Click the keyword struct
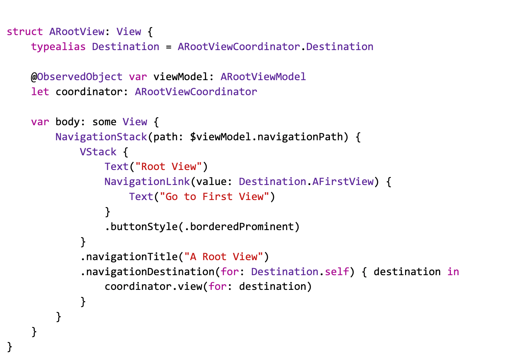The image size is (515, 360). tap(25, 32)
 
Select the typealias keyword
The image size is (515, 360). tap(58, 47)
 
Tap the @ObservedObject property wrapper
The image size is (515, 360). tap(77, 77)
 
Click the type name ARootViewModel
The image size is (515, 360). tap(263, 77)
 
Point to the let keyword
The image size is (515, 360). tap(40, 92)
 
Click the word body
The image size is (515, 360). tap(67, 122)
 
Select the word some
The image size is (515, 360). tap(104, 122)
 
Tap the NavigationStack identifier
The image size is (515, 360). tap(101, 137)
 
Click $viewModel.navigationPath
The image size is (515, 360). tap(266, 137)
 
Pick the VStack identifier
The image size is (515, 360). tap(98, 152)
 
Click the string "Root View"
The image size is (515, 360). tap(169, 167)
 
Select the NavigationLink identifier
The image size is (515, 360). tap(147, 182)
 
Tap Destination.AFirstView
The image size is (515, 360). tap(306, 182)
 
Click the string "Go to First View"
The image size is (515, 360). tap(214, 197)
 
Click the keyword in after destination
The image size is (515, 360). tap(453, 272)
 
